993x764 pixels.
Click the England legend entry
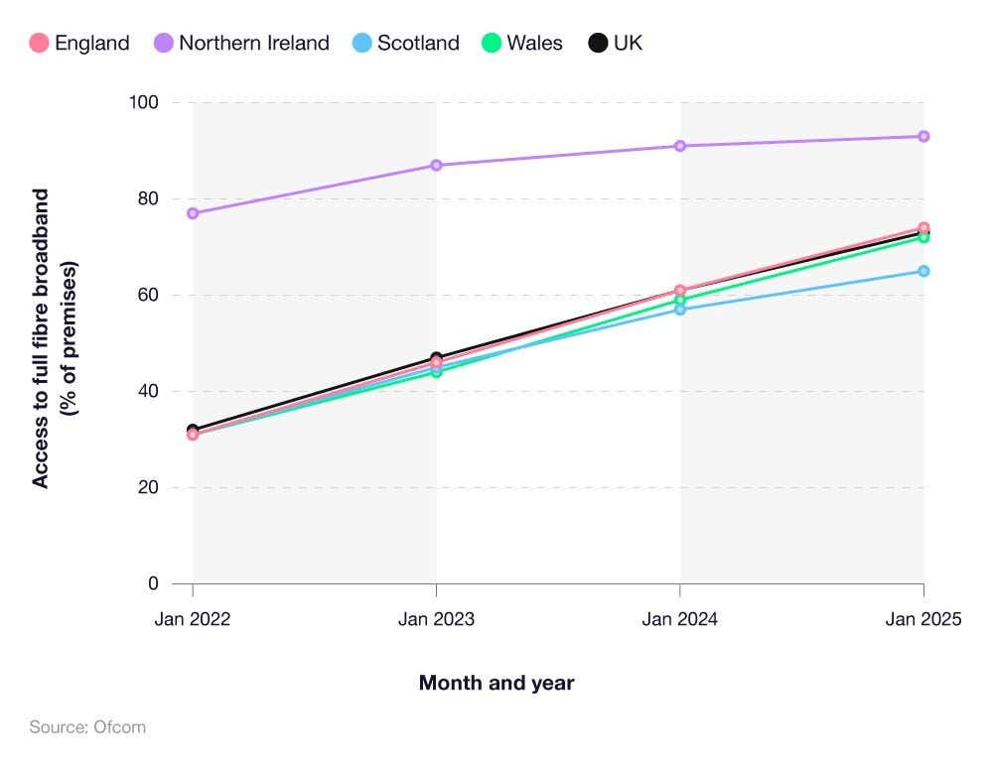click(x=79, y=43)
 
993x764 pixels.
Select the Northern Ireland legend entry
click(x=241, y=43)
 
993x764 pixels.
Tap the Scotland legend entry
click(x=406, y=43)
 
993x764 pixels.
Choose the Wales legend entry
click(x=521, y=43)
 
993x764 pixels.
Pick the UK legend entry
click(x=616, y=43)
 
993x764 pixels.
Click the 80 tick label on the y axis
click(x=148, y=198)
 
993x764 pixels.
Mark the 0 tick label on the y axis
click(x=153, y=583)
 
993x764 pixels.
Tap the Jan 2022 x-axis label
click(x=192, y=619)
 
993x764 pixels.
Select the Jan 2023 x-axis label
click(x=436, y=619)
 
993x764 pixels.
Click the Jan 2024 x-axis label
click(x=680, y=619)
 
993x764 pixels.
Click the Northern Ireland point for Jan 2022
click(x=193, y=213)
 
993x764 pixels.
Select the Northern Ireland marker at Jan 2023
click(x=436, y=165)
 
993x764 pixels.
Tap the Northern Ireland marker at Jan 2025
click(x=923, y=136)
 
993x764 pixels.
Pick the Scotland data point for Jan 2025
click(x=923, y=271)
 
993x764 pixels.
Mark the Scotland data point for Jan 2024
click(x=680, y=310)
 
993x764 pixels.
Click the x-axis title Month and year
click(x=496, y=683)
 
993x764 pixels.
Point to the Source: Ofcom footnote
click(x=87, y=727)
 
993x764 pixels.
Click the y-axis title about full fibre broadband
click(x=54, y=337)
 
